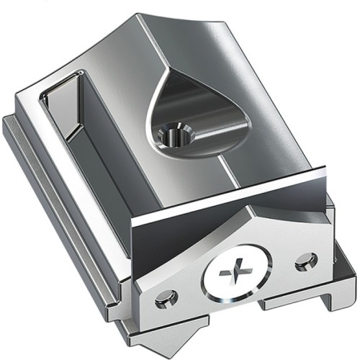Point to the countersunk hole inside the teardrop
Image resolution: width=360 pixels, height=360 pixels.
pos(174,133)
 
